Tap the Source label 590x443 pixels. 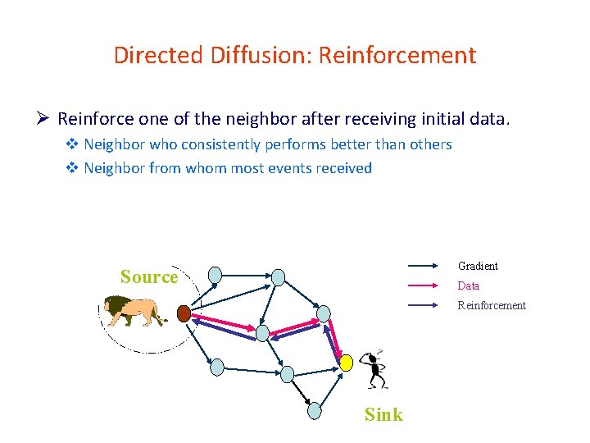148,276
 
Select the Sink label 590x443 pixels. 383,414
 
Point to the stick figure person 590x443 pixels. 374,369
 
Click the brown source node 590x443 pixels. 184,313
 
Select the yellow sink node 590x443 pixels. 347,362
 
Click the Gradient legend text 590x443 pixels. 478,266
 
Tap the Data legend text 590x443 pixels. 469,285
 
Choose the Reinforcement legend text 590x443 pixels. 492,305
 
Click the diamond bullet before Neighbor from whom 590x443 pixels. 72,168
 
